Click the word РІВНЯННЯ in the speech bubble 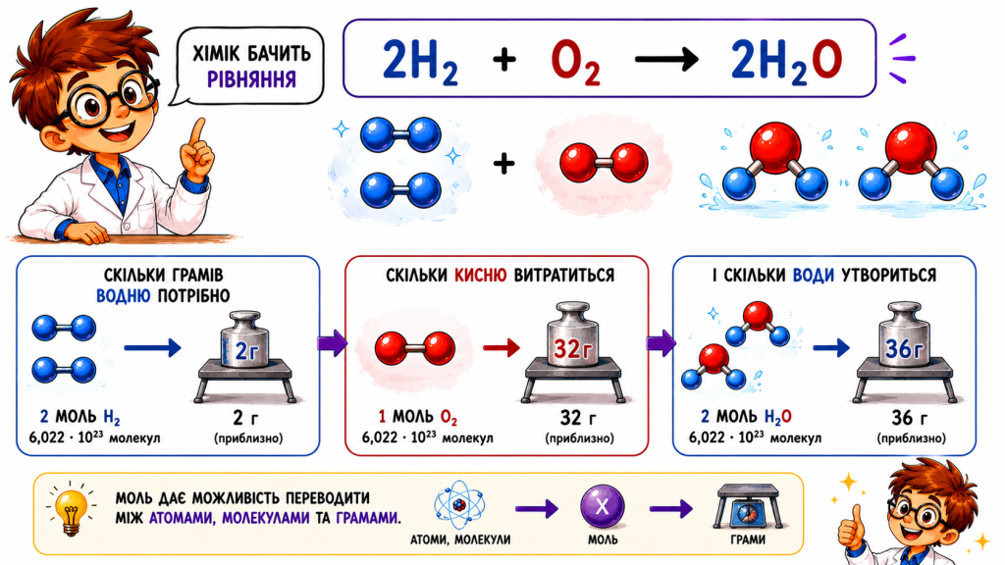251,79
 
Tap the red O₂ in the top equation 575,62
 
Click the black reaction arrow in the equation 666,60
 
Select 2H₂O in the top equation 786,62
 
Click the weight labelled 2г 244,340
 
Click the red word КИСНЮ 480,276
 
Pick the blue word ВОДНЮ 123,296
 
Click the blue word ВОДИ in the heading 814,276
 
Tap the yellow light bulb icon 71,510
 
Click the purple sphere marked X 603,507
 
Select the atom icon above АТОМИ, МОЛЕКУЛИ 459,505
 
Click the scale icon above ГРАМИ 747,506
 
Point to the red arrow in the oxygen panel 502,348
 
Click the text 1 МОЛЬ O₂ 417,418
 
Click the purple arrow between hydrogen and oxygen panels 332,344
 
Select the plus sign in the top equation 504,60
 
